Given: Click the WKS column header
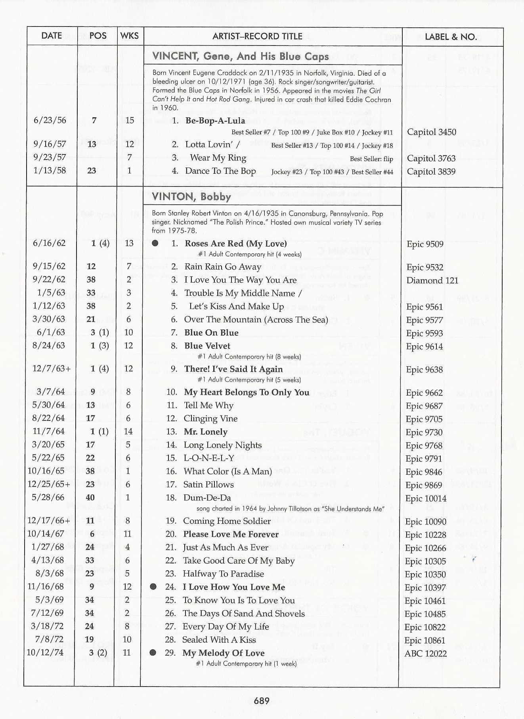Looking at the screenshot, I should (x=130, y=36).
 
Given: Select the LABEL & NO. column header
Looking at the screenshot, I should (x=451, y=37).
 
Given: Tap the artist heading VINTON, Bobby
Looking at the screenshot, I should (x=191, y=197).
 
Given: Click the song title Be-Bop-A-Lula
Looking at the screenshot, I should (x=215, y=121).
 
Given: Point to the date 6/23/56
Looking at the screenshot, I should (x=50, y=120).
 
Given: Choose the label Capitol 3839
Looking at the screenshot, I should (x=431, y=171).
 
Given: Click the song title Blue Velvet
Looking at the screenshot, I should (x=207, y=346).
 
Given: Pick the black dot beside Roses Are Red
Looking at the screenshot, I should (x=155, y=243).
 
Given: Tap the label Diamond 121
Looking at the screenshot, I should (x=432, y=280).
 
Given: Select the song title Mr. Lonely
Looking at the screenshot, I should (x=206, y=432).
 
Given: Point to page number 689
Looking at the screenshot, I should (x=262, y=701).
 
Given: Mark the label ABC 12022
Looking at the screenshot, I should (x=425, y=653).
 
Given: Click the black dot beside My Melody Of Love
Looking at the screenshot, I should (x=153, y=652).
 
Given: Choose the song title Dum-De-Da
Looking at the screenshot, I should (x=207, y=498).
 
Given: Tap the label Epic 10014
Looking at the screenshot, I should (x=426, y=498).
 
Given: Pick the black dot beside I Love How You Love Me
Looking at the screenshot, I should (x=153, y=587).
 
